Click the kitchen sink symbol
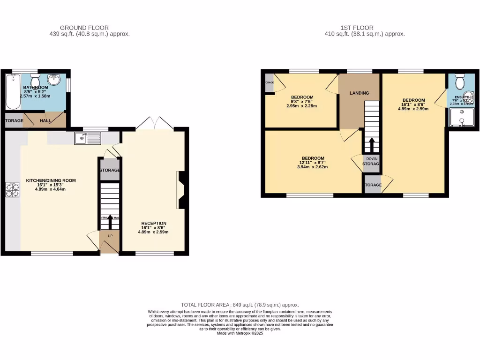[88, 138]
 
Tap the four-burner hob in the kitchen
[12, 190]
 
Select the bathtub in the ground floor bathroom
[12, 91]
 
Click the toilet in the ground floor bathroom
[35, 78]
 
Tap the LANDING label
[359, 93]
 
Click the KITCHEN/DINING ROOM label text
[51, 180]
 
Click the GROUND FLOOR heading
[84, 28]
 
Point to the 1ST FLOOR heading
[357, 28]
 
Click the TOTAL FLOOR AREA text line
[240, 305]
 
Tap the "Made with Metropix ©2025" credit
[240, 333]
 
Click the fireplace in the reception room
[182, 189]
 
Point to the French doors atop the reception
[155, 123]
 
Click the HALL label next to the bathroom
[45, 120]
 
